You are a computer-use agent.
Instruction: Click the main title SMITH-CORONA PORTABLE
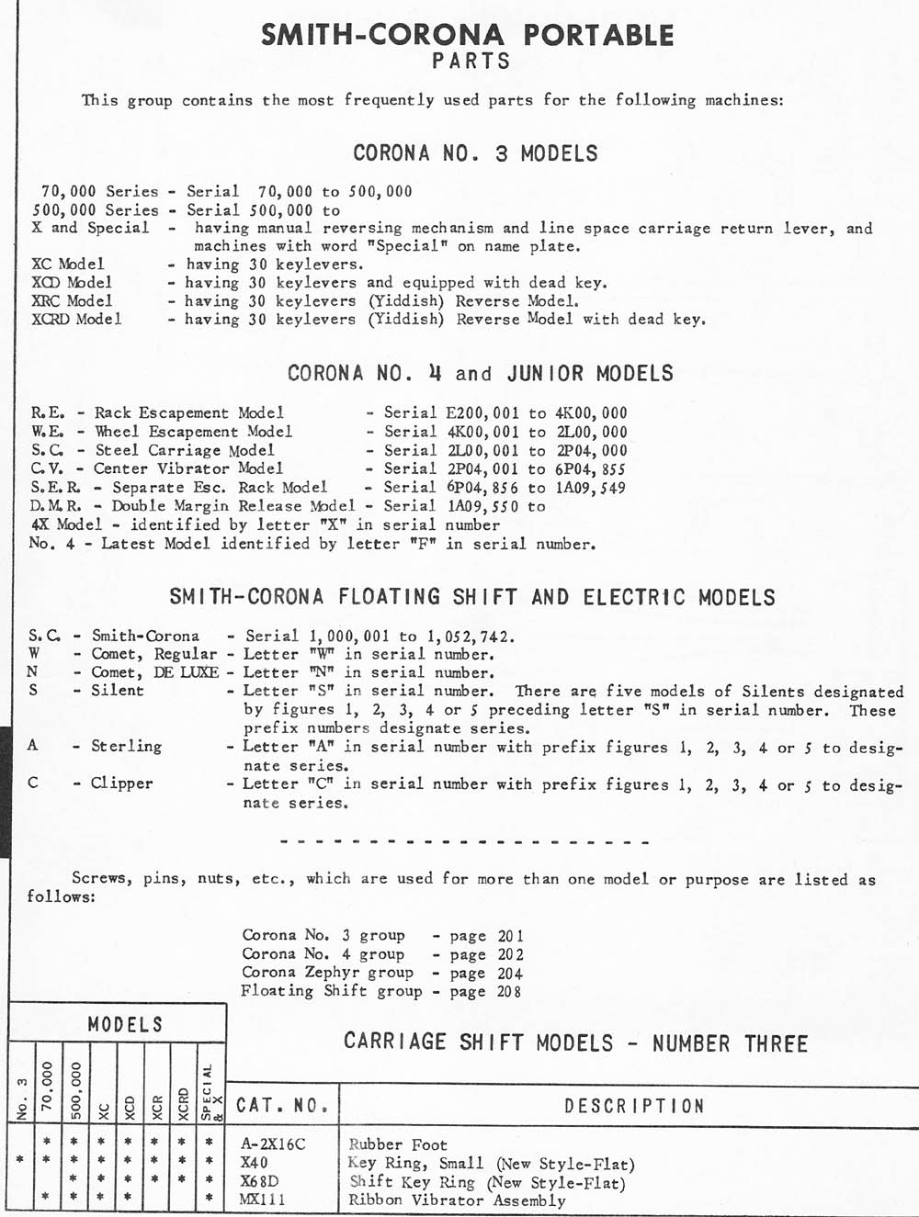coord(468,36)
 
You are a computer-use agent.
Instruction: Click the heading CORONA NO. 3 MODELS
coord(475,153)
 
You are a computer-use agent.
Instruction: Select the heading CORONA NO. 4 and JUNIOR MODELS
coord(481,374)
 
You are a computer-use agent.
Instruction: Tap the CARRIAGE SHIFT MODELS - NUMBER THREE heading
coord(575,1042)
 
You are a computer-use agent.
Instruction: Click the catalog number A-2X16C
coord(272,1144)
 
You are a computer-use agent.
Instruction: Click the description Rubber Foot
coord(398,1144)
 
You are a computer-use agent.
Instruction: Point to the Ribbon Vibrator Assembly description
coord(457,1200)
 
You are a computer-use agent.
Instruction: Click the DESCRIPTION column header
coord(634,1106)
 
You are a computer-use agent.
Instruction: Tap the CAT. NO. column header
coord(282,1106)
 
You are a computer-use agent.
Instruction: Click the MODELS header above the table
coord(125,1024)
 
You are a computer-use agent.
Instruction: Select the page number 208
coord(509,991)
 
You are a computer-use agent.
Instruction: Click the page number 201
coord(510,936)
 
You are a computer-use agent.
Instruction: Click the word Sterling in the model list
coord(126,746)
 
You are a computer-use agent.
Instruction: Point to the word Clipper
coord(121,783)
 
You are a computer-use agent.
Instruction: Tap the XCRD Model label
coord(76,319)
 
